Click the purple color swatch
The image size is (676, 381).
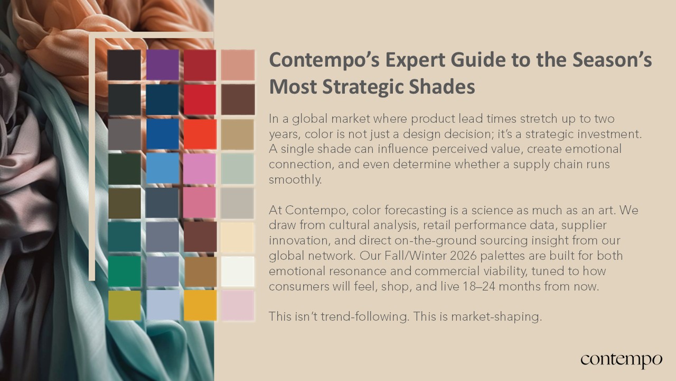click(x=162, y=65)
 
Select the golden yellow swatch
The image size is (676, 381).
click(x=200, y=305)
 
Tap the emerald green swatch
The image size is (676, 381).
click(x=124, y=271)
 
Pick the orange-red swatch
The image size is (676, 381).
click(x=200, y=134)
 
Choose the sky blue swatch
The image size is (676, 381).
click(x=162, y=168)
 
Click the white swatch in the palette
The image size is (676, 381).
click(x=238, y=271)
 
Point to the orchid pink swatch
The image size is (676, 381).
click(x=200, y=168)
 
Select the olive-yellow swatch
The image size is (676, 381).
click(x=124, y=305)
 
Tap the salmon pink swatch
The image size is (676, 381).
click(x=238, y=65)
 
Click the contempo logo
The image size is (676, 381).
click(x=622, y=360)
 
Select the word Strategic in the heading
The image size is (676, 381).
click(x=363, y=87)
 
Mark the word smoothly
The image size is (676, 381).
click(x=295, y=179)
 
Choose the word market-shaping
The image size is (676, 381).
click(x=496, y=316)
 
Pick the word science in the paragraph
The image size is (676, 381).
click(x=476, y=210)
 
